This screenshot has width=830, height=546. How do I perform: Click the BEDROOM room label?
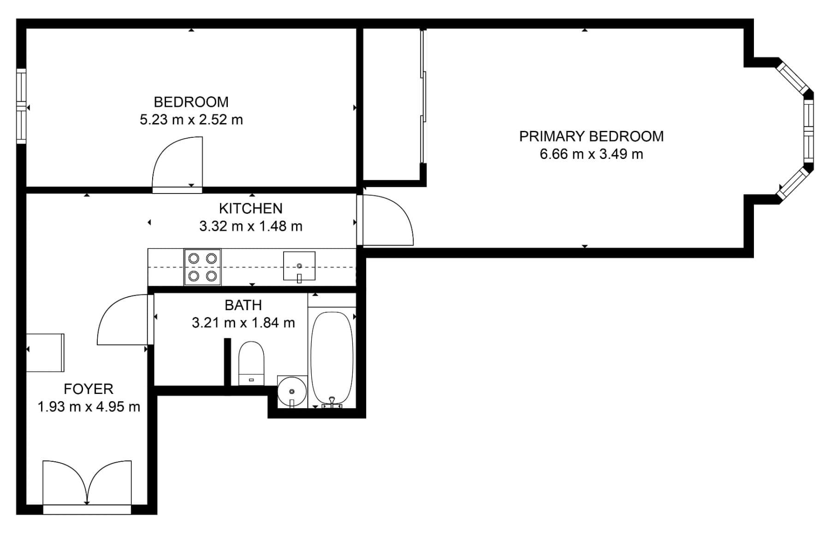[191, 102]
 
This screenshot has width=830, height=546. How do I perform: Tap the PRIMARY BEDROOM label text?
[591, 136]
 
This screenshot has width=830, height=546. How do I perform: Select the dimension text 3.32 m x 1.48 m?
[250, 226]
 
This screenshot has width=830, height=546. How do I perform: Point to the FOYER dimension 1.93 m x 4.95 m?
[89, 407]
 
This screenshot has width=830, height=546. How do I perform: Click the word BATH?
[243, 305]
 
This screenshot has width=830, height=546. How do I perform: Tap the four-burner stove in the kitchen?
[202, 267]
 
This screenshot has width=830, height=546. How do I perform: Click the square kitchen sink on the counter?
[299, 266]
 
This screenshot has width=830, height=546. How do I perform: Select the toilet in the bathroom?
[251, 363]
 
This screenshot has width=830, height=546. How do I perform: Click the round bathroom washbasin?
[292, 392]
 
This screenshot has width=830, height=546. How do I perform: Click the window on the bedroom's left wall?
[21, 106]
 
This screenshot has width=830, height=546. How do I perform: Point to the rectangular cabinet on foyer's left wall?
[45, 352]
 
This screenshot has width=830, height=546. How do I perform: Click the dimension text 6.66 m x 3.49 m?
[591, 154]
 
